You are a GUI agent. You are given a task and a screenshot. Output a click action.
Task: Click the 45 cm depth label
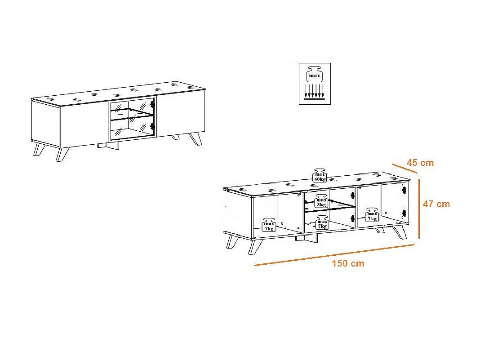[x=420, y=163]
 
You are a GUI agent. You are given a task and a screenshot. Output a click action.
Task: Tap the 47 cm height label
[x=436, y=204]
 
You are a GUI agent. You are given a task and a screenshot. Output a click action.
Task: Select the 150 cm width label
[x=348, y=263]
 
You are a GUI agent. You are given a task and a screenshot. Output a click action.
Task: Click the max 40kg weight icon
[x=320, y=175]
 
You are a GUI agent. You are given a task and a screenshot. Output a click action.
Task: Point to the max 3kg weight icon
[x=321, y=201]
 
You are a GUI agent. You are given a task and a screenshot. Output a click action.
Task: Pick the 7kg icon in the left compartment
[x=269, y=225]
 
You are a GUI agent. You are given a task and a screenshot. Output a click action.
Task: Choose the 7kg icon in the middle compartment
[x=322, y=222]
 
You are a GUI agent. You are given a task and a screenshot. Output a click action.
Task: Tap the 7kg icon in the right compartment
[x=372, y=215]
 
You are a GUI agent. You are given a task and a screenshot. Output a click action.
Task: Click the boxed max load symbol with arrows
[x=315, y=84]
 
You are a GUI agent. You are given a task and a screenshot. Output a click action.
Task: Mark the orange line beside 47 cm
[x=419, y=209]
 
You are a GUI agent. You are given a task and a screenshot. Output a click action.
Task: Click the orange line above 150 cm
[x=334, y=255]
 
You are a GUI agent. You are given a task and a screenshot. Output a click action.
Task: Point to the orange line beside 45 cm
[x=404, y=169]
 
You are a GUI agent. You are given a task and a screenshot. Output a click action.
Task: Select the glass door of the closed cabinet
[x=133, y=119]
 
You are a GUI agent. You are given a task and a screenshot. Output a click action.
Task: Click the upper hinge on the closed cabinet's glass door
[x=152, y=104]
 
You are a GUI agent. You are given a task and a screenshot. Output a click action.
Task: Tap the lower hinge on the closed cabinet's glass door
[x=152, y=126]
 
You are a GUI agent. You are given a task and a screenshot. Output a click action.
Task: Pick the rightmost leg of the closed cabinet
[x=196, y=139]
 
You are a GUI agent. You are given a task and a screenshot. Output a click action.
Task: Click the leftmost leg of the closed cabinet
[x=39, y=149]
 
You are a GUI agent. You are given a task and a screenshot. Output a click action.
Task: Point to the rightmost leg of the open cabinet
[x=400, y=232]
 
